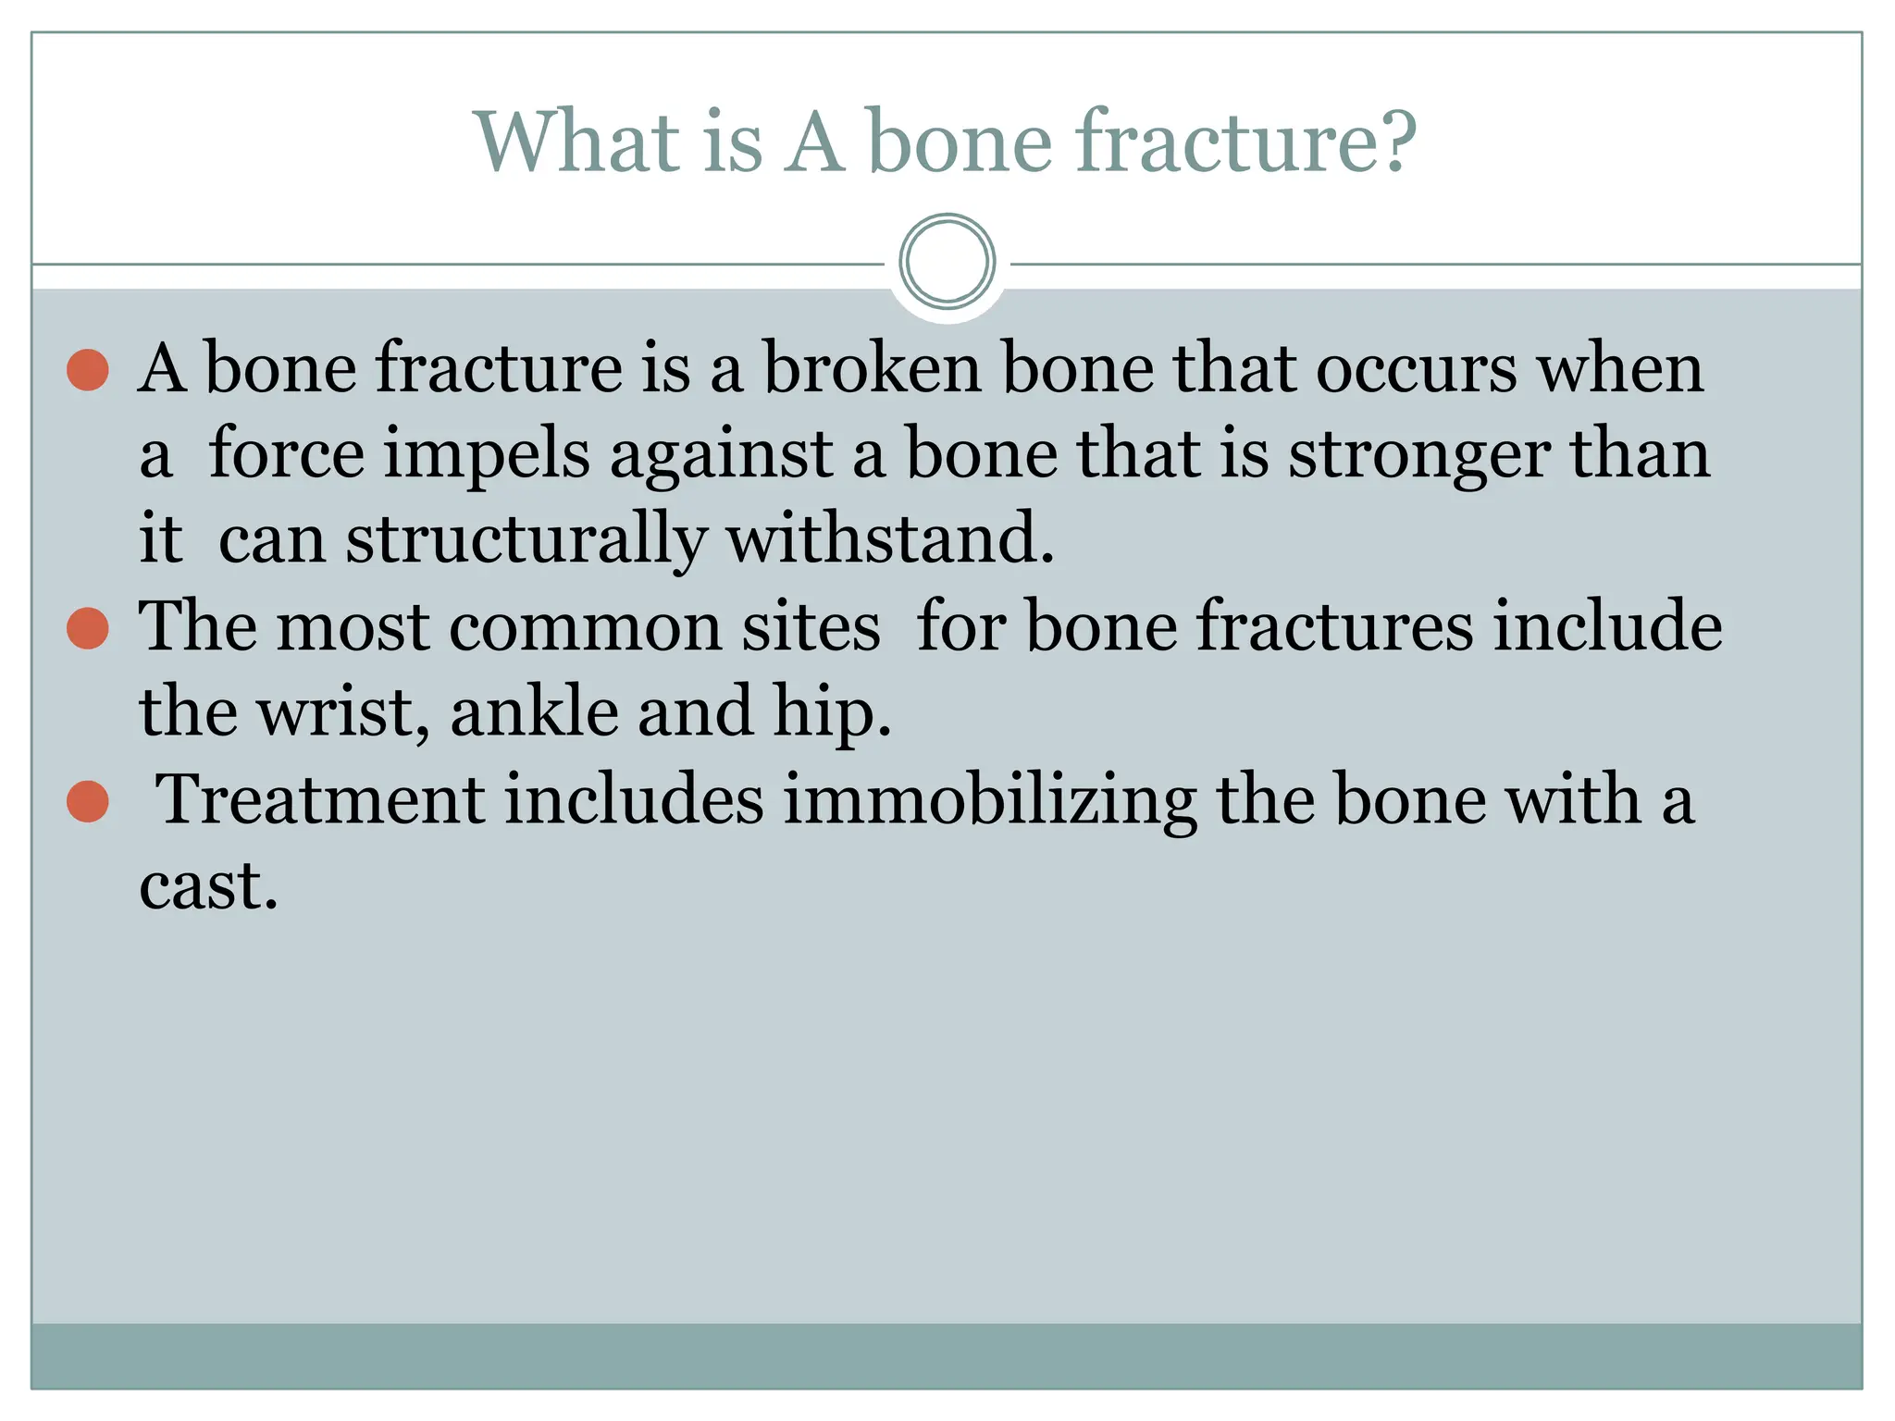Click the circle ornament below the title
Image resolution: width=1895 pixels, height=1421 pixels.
pos(947,261)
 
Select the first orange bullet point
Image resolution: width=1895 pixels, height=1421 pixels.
pos(88,370)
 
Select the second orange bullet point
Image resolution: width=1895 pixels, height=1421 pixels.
pos(88,629)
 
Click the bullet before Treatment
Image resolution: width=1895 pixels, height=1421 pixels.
pos(88,801)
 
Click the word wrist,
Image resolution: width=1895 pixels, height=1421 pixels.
pos(343,712)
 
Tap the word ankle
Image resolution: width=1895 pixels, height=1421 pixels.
pos(534,712)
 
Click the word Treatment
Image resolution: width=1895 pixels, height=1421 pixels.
pos(319,799)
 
